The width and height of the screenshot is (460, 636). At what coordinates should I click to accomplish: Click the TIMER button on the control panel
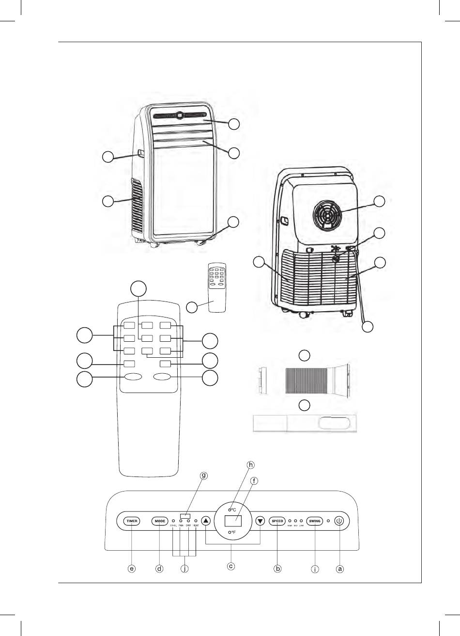click(132, 521)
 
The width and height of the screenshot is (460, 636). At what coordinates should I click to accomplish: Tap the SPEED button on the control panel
click(277, 521)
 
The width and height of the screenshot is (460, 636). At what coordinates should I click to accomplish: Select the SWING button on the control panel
click(315, 521)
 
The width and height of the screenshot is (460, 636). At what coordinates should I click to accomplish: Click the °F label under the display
click(232, 533)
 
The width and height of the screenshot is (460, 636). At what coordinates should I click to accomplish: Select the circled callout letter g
click(204, 476)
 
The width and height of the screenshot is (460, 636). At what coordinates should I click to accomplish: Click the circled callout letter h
click(250, 465)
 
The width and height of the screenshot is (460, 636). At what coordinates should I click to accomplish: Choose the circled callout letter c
click(231, 566)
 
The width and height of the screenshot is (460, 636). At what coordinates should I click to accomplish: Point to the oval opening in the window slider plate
click(334, 423)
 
